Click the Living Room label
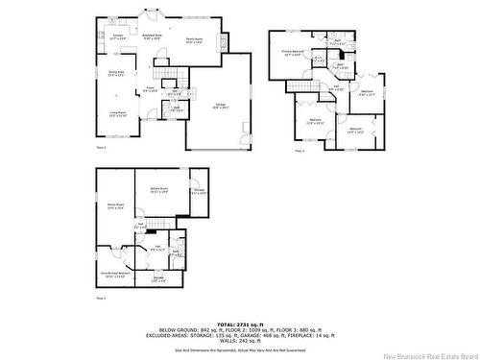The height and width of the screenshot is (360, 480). click(118, 114)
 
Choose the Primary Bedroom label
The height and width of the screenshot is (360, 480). click(295, 53)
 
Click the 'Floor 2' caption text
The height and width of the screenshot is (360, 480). click(101, 146)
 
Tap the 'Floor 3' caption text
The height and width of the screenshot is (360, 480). click(299, 151)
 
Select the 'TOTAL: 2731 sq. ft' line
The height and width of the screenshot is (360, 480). click(239, 324)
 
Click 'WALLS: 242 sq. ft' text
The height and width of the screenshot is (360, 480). click(239, 339)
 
